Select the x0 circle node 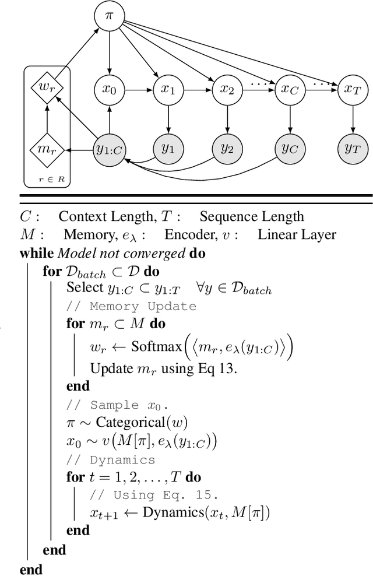point(110,90)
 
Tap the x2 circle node point(226,90)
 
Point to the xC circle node point(289,90)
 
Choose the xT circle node point(352,90)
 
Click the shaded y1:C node point(110,149)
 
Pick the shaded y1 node point(168,149)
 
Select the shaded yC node point(289,149)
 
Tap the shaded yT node point(352,149)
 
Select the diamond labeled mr point(47,149)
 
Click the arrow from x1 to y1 point(168,120)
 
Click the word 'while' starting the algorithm point(36,254)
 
